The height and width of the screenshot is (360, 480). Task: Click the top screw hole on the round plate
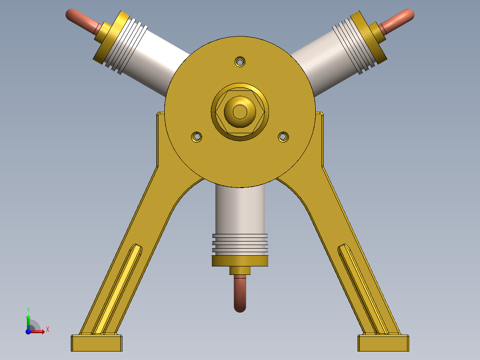(240, 61)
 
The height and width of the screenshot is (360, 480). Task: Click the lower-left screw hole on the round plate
(196, 137)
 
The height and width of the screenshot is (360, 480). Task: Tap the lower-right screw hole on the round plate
(284, 137)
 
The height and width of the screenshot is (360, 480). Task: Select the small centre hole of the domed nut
(240, 111)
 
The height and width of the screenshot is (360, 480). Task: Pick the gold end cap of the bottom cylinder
(240, 261)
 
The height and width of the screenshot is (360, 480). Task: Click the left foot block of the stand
(97, 343)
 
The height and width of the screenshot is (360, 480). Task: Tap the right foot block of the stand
(383, 343)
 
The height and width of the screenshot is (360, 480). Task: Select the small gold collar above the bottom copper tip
(240, 270)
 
